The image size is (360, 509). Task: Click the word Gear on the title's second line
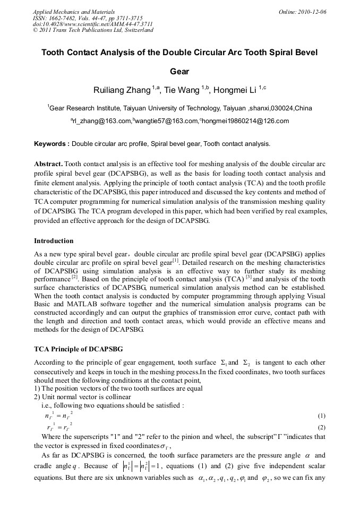[179, 71]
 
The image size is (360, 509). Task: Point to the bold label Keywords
[52, 144]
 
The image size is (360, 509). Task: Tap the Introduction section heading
[54, 241]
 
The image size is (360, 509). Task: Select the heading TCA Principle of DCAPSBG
[78, 349]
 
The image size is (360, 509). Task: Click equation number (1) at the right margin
[321, 416]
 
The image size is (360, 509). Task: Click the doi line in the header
[93, 24]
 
